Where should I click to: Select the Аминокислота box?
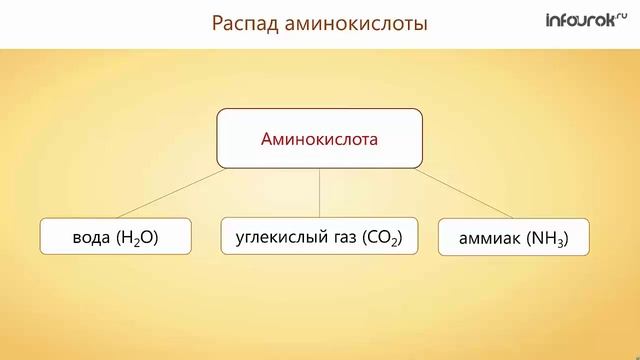[x=319, y=139]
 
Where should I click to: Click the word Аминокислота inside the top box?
[x=319, y=139]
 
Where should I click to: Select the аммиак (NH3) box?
[x=513, y=237]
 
